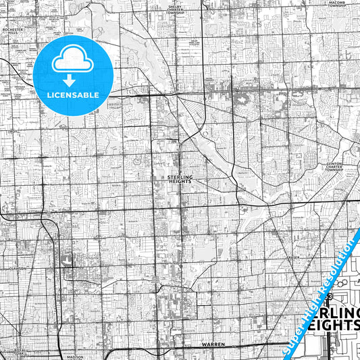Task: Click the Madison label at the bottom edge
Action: (75, 357)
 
